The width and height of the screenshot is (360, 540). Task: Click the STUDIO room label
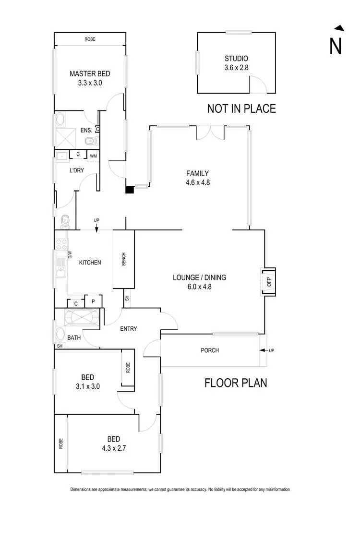point(237,59)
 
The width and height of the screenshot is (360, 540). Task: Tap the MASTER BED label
point(90,73)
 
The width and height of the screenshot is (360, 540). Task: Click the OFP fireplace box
point(269,282)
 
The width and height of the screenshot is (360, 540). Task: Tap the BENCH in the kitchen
point(124,259)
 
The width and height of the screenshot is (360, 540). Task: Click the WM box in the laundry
point(94,155)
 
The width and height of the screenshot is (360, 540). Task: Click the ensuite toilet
point(89,141)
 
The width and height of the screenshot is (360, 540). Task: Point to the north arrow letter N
point(336,46)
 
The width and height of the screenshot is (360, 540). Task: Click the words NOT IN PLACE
point(241,109)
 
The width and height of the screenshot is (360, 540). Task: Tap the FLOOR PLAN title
point(236,383)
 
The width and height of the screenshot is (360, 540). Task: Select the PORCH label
point(210,350)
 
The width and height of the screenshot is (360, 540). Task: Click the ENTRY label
point(129,329)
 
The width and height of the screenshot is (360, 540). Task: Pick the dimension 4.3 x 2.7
point(113,449)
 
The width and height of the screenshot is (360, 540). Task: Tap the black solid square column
point(129,190)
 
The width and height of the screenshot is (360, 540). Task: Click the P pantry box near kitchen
point(93,302)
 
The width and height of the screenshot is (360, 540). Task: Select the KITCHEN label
point(90,263)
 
